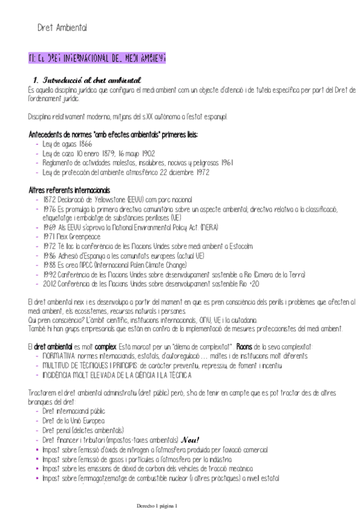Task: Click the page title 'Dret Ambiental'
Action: point(62,27)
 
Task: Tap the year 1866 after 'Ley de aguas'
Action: point(85,145)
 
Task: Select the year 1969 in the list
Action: point(49,227)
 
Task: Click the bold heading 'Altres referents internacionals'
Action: point(69,190)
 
